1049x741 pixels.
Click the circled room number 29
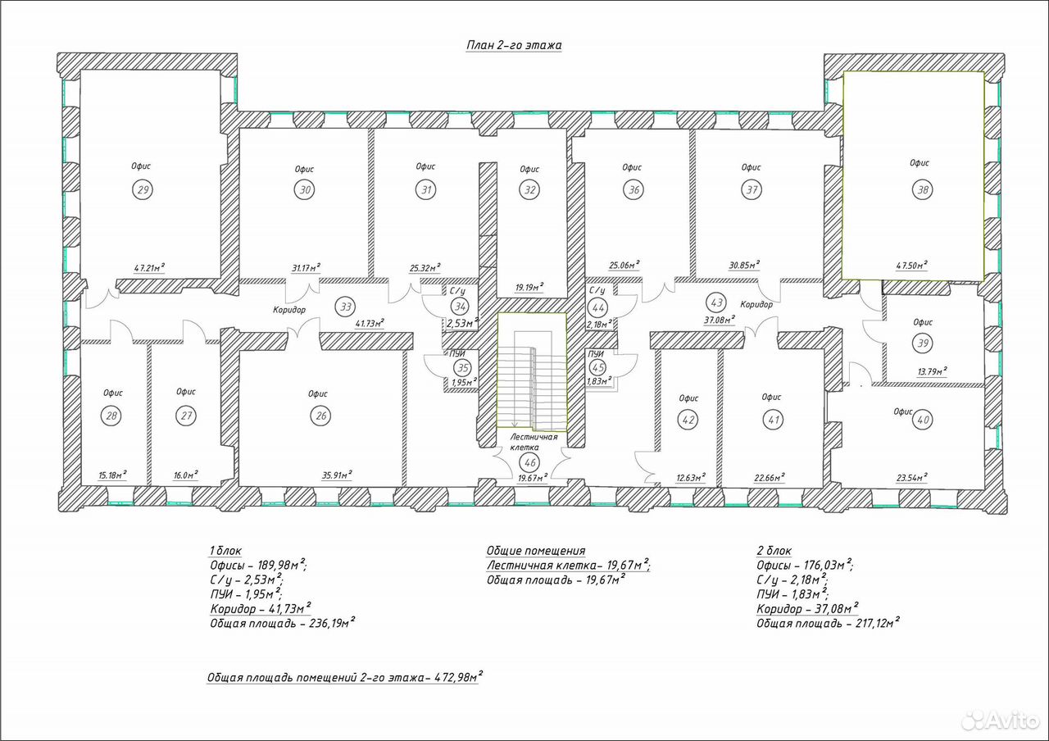[143, 189]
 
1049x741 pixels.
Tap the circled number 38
[923, 189]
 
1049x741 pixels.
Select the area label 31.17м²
[307, 268]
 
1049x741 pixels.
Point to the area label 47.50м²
[912, 265]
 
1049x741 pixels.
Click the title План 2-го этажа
[514, 45]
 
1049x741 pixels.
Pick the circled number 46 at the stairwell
[529, 463]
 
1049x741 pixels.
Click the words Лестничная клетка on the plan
[534, 442]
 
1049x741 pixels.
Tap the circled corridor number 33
[346, 307]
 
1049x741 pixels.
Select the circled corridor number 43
[717, 302]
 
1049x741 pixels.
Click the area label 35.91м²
[337, 475]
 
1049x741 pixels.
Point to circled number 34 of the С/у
[461, 307]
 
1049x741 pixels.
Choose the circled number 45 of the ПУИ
[598, 368]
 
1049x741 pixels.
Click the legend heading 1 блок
[225, 550]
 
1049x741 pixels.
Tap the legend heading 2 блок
[774, 550]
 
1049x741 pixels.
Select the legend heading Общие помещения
[536, 550]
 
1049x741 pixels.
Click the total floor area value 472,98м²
[458, 677]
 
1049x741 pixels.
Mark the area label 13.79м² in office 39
[932, 371]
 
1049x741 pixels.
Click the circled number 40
[923, 420]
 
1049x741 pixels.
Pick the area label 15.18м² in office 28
[112, 475]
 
